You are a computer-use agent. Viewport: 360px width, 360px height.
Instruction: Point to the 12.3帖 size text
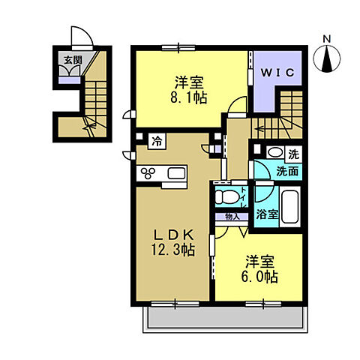click(174, 250)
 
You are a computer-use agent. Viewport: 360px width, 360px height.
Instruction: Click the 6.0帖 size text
click(259, 277)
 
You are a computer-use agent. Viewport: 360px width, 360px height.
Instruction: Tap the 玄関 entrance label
click(72, 60)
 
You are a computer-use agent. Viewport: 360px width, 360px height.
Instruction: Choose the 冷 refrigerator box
click(157, 140)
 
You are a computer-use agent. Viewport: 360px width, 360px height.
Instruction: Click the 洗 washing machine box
click(293, 153)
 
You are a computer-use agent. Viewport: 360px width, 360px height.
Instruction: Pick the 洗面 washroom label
click(286, 170)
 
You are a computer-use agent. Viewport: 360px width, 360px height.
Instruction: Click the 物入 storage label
click(231, 217)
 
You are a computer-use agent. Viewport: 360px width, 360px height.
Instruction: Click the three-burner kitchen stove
click(148, 175)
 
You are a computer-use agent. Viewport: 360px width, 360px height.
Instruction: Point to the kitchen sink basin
click(178, 174)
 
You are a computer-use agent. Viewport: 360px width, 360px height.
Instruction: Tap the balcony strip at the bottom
click(221, 321)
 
